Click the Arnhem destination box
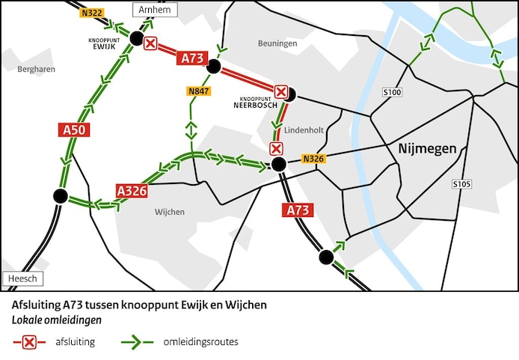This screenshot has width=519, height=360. (155, 10)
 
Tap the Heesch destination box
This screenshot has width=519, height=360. (22, 279)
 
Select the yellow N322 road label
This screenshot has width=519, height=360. (92, 12)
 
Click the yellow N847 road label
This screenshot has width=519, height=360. (198, 91)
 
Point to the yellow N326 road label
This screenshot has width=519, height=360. (313, 159)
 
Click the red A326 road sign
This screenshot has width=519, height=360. (131, 190)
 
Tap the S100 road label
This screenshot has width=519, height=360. (392, 93)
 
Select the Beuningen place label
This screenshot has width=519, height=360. (277, 43)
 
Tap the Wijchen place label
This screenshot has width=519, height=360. (169, 212)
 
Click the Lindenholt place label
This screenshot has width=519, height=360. (304, 129)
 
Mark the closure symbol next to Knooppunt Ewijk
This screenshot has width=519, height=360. (150, 43)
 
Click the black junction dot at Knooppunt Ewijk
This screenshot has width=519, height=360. (135, 38)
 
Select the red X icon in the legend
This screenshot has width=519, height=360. (29, 342)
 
